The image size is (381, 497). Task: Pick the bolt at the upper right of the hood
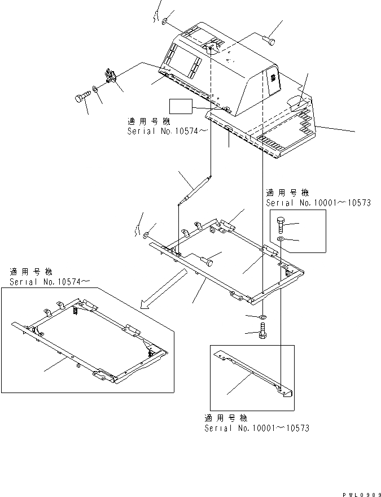269,40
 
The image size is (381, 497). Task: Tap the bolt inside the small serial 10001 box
283,224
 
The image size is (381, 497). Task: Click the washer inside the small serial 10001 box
282,241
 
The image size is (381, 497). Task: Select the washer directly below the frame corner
263,317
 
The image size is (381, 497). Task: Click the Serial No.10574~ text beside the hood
160,130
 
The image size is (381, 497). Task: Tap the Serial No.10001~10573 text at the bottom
256,428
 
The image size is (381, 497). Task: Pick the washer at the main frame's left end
147,235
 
